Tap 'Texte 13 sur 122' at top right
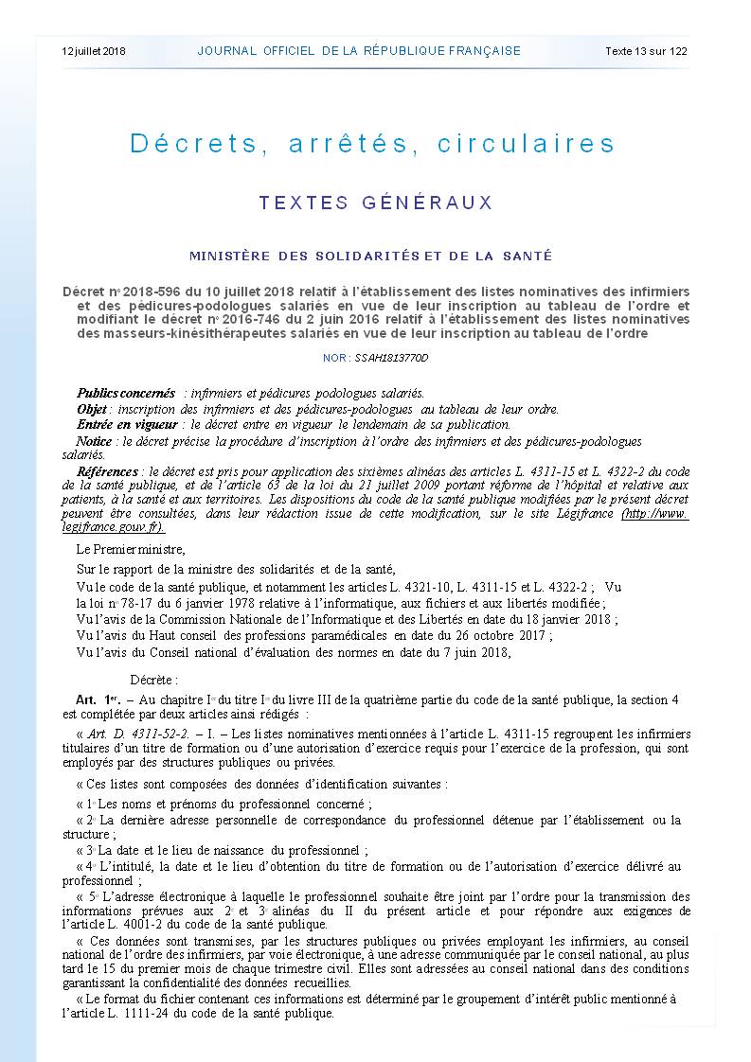tap(646, 51)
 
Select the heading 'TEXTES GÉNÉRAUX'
tap(376, 203)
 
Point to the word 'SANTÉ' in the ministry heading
tap(526, 256)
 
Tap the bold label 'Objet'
tap(92, 409)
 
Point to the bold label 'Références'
tap(107, 470)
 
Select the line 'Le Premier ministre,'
tap(131, 550)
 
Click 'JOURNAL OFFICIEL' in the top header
tap(255, 51)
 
